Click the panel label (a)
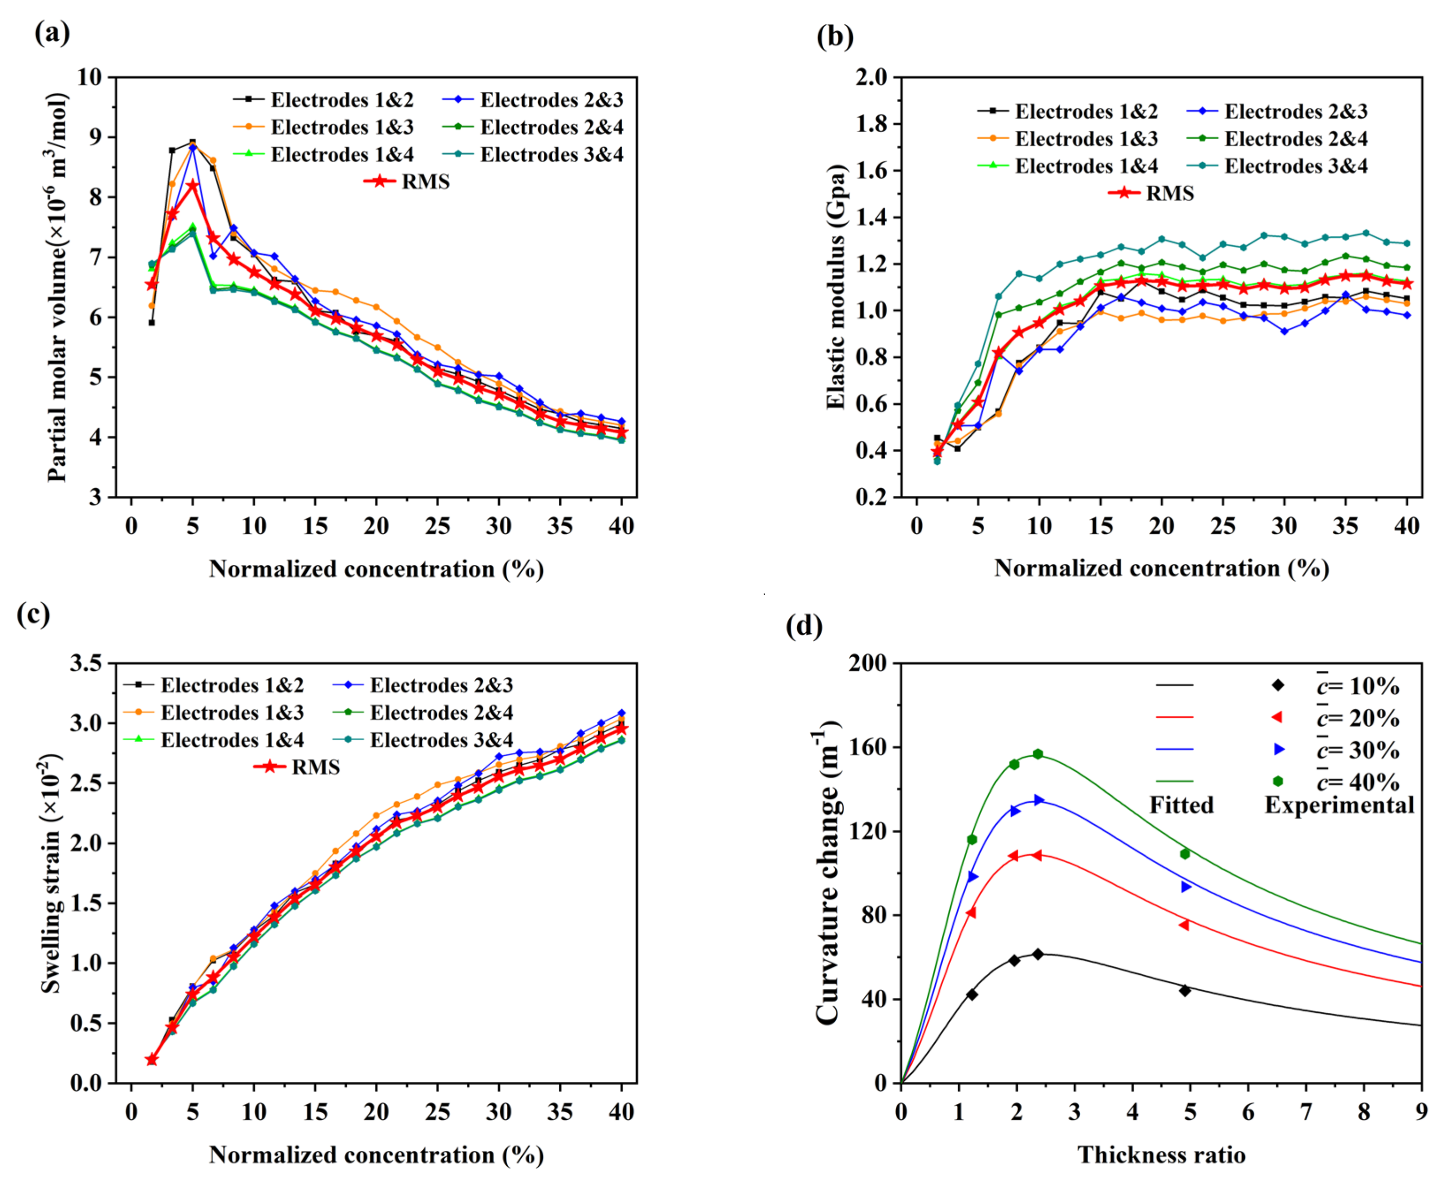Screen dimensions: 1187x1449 tap(52, 33)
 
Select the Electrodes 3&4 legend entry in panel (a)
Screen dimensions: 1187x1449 tap(551, 154)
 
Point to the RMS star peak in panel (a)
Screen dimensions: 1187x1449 tap(193, 185)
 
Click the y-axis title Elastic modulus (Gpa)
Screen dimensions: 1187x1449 tap(835, 287)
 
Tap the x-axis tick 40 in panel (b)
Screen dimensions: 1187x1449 tap(1407, 526)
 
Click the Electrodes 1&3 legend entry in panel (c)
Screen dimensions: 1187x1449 tap(232, 712)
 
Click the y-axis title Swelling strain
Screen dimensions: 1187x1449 tap(51, 873)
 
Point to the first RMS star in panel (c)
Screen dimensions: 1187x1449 tap(152, 1060)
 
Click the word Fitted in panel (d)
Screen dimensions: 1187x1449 tap(1181, 805)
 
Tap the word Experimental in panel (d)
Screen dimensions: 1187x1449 tap(1339, 805)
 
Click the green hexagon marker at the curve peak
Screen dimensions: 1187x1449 tap(1037, 754)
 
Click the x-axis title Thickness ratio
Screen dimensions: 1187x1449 tap(1161, 1155)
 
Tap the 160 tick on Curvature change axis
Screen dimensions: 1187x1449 tap(867, 747)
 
